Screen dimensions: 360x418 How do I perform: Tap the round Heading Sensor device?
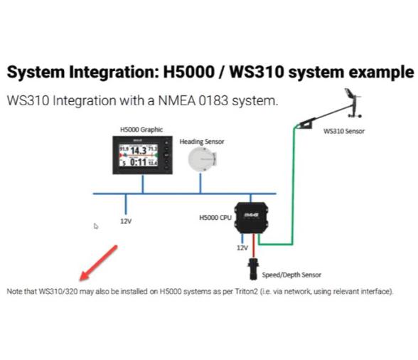coord(201,160)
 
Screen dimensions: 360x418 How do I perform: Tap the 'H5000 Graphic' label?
coord(141,129)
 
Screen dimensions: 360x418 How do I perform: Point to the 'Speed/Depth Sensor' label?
coord(291,275)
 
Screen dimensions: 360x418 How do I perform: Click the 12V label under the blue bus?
coord(125,221)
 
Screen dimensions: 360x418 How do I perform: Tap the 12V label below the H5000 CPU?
coord(242,248)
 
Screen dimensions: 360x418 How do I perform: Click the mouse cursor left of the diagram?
coord(97,227)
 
